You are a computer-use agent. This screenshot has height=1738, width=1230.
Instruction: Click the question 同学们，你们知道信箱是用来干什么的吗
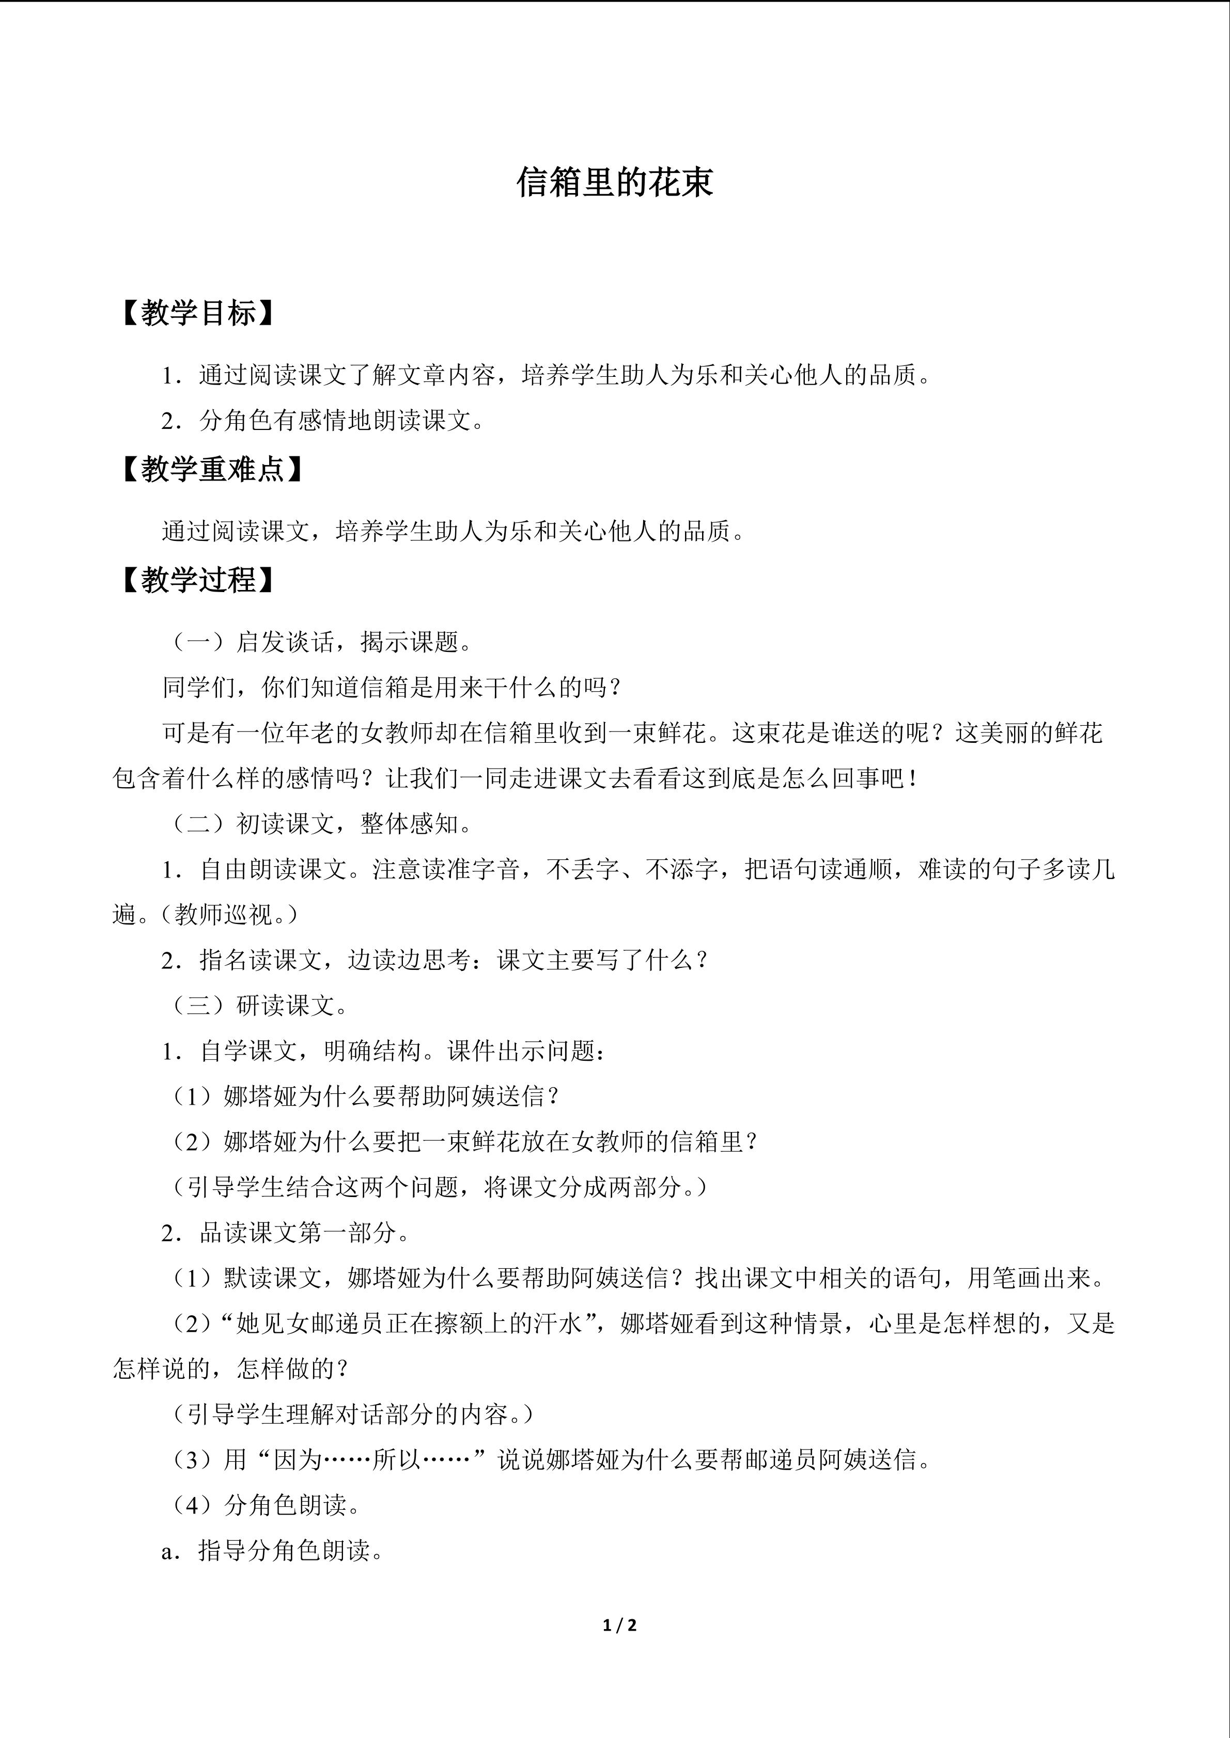point(392,688)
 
